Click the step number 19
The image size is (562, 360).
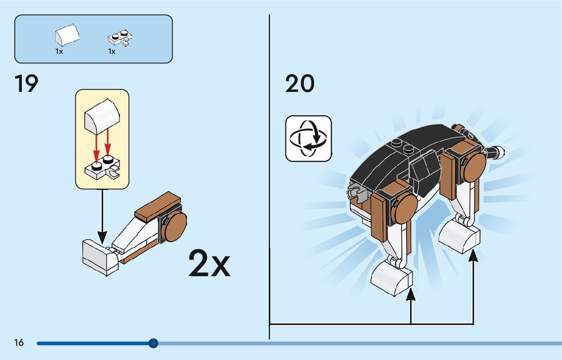26,84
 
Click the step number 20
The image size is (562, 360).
300,84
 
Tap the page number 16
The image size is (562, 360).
19,343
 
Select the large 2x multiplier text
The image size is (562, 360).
209,263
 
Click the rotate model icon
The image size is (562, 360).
308,138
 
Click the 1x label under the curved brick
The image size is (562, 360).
59,51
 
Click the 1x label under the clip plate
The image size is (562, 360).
111,51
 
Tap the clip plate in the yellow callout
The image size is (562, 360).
103,167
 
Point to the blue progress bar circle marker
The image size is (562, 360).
153,343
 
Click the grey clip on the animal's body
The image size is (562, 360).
356,191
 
